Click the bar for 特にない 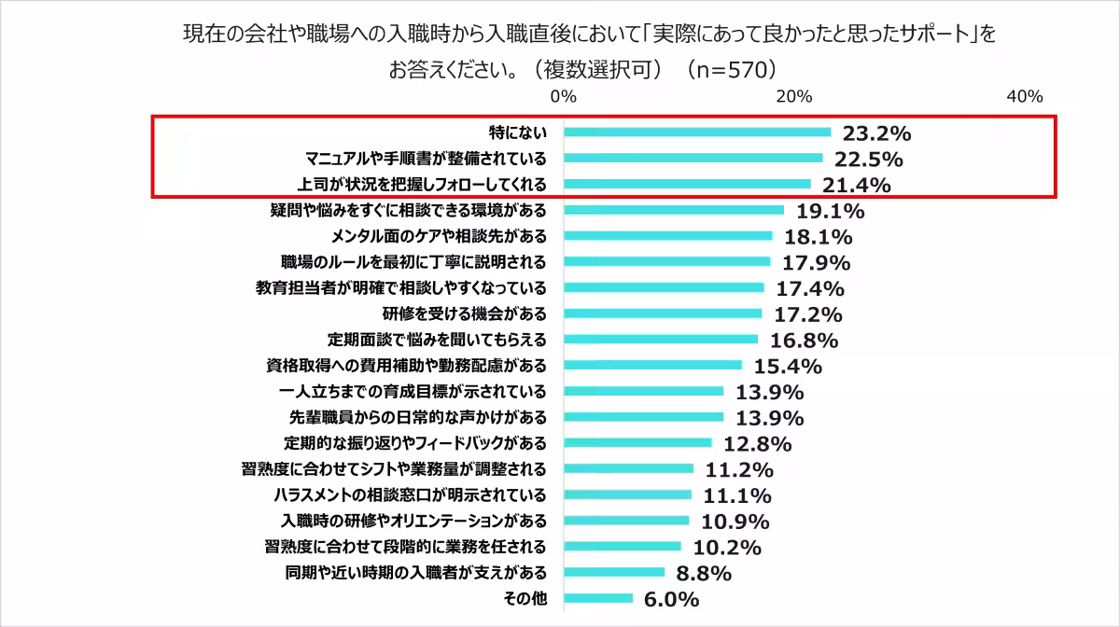(x=696, y=132)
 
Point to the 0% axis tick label (x=563, y=97)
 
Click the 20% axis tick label (x=794, y=97)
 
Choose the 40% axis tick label (x=1024, y=97)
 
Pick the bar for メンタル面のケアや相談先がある (x=667, y=236)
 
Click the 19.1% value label (x=830, y=211)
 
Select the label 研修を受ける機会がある (x=464, y=313)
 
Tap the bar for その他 (x=597, y=598)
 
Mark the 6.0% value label (x=671, y=599)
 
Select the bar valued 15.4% (x=652, y=365)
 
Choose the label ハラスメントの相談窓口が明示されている (x=410, y=495)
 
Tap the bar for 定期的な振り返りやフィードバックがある (x=637, y=443)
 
